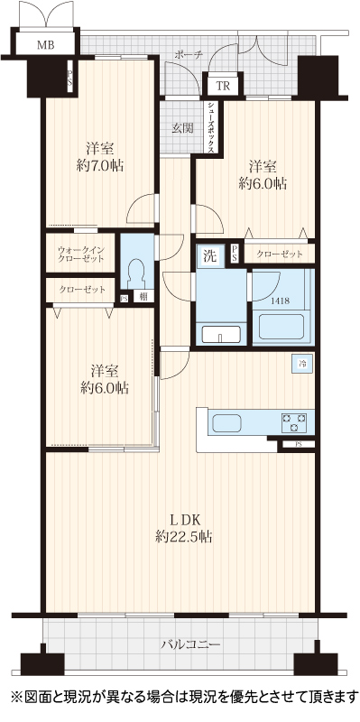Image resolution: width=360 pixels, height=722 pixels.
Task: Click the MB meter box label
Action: [46, 45]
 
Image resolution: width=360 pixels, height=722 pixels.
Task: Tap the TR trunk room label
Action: [223, 85]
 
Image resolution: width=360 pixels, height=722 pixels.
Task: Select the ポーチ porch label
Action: [189, 55]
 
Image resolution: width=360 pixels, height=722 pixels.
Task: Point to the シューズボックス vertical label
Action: [211, 127]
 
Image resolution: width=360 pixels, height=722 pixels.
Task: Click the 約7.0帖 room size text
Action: [100, 165]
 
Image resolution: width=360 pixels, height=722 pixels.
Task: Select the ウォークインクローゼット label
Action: [80, 254]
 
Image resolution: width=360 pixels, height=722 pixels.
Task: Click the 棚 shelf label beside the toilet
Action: [144, 297]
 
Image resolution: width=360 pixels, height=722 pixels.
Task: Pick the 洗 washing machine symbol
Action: [210, 256]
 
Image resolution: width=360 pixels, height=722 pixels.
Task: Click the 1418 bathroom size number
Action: [280, 301]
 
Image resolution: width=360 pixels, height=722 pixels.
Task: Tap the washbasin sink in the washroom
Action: [221, 333]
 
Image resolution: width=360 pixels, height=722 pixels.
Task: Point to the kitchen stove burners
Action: [294, 422]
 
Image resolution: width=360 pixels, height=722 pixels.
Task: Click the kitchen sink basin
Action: [227, 422]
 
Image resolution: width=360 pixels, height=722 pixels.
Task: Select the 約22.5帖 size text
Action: [184, 536]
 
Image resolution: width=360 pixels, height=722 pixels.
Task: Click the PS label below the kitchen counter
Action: [299, 444]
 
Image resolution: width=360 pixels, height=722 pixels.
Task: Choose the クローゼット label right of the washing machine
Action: [280, 254]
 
